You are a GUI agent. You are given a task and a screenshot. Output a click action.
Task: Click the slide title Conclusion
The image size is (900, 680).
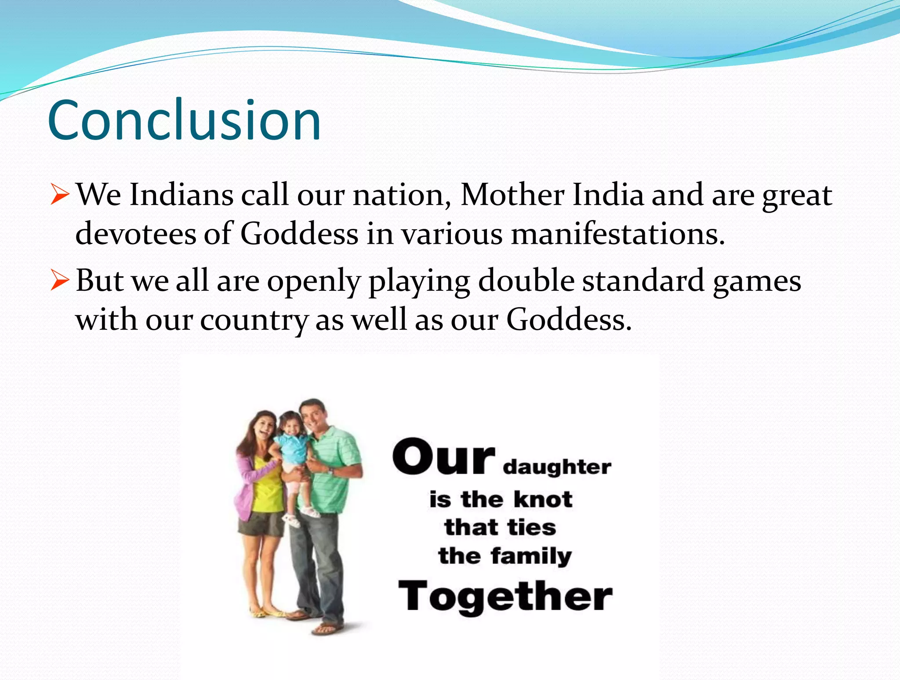[x=184, y=120]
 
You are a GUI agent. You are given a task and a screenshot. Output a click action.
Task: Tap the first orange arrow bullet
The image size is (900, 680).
[x=59, y=195]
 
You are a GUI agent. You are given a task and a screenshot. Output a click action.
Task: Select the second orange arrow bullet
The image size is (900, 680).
[x=59, y=281]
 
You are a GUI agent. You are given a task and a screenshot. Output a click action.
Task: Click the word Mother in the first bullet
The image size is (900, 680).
[x=512, y=195]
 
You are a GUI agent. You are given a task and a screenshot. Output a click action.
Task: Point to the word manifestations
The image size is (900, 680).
[x=617, y=233]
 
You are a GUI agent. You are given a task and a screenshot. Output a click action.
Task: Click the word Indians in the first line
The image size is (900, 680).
[x=181, y=195]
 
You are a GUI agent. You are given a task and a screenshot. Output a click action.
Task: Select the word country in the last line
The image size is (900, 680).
[x=254, y=319]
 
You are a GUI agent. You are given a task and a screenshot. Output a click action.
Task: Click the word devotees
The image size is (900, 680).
[x=135, y=233]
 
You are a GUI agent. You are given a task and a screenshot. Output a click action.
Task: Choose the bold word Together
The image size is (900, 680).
[x=505, y=596]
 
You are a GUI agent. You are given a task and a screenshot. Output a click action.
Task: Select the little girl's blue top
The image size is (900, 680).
[x=291, y=448]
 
